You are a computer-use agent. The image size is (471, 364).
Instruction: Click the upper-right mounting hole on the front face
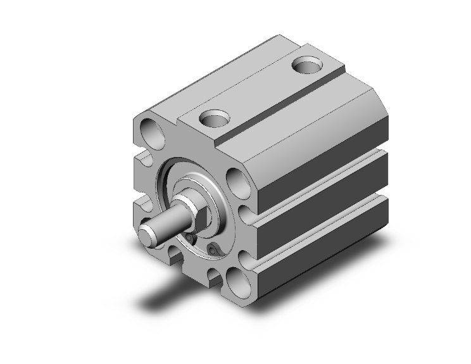tap(236, 180)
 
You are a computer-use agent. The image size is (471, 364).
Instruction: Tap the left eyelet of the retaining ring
tap(190, 237)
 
